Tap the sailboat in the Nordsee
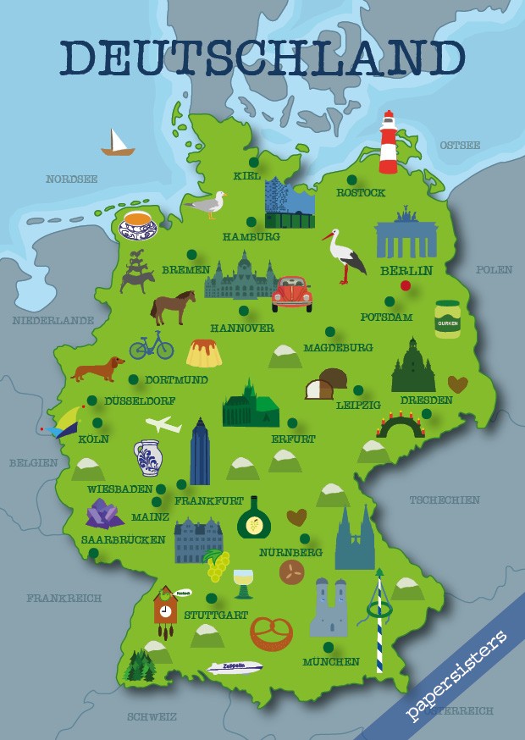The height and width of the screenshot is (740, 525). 118,143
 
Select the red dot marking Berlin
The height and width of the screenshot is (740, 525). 406,285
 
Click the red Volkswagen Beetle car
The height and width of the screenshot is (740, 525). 292,292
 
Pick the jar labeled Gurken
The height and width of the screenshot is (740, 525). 447,319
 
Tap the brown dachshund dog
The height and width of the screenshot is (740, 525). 99,370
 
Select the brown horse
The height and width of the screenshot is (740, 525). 173,306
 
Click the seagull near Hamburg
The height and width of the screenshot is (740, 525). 208,205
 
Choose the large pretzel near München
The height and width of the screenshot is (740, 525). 271,632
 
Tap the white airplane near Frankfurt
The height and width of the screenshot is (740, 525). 163,424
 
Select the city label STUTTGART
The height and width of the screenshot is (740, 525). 215,615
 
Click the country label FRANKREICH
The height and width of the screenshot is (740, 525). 64,598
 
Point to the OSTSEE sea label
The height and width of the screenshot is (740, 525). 460,146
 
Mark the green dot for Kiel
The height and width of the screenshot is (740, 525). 253,162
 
